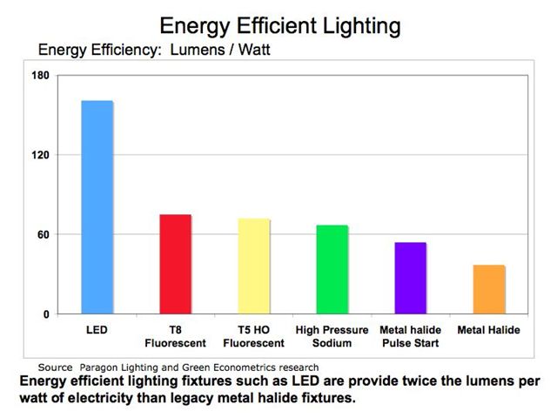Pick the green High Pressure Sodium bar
332,269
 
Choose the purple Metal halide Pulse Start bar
411,278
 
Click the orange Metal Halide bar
489,289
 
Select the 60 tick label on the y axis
41,234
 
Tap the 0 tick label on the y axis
45,313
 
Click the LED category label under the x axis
97,331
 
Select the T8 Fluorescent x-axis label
175,337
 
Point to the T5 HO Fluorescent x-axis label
254,337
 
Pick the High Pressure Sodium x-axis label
332,337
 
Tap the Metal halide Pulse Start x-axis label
411,337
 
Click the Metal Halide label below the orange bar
489,331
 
